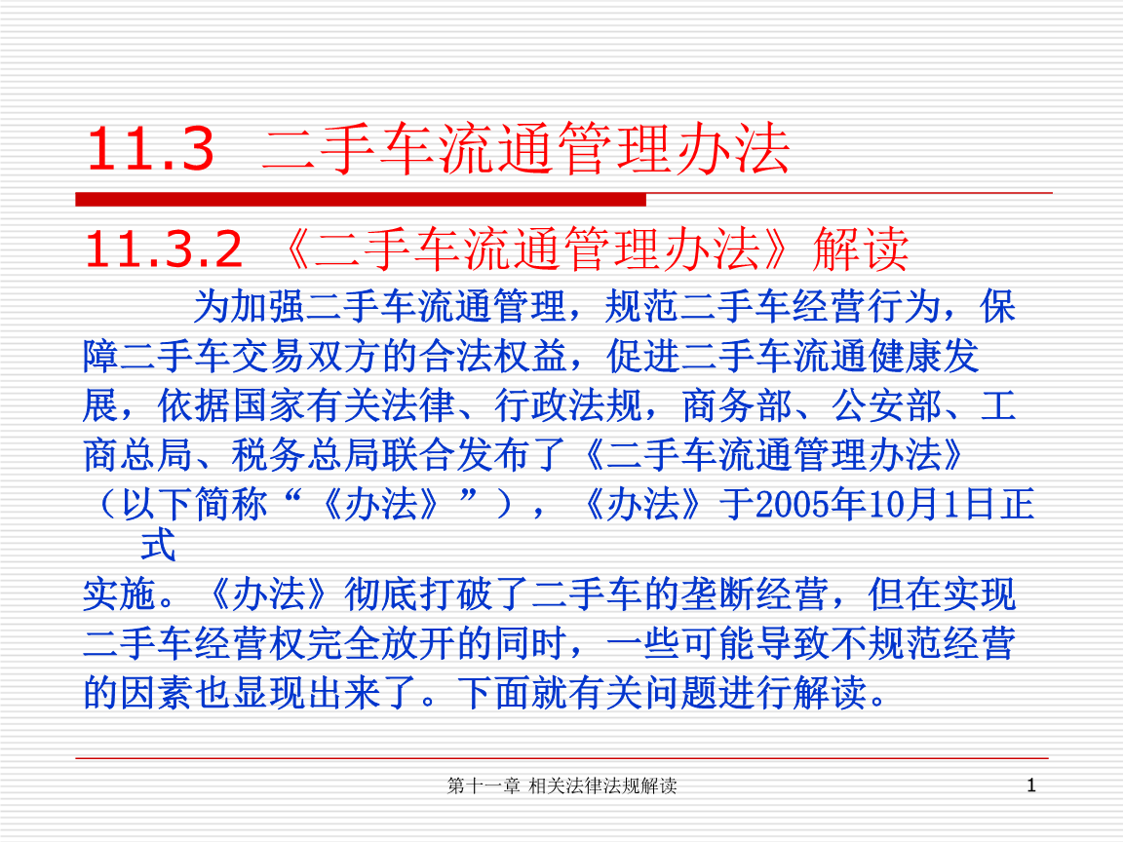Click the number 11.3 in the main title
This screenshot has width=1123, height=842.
pos(150,149)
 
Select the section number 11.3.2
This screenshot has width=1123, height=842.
pos(164,249)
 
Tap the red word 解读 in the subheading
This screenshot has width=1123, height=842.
pos(861,249)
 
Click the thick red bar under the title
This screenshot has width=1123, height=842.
pos(361,200)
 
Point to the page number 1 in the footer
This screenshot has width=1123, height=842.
pos(1031,785)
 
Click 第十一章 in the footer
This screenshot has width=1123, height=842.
pos(484,785)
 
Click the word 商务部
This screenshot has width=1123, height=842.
pos(737,406)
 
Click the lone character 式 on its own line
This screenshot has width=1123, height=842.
pos(158,546)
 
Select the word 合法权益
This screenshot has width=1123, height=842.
pos(494,357)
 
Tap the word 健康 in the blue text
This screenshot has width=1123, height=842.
pos(906,357)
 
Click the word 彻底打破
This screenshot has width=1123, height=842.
pos(418,594)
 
